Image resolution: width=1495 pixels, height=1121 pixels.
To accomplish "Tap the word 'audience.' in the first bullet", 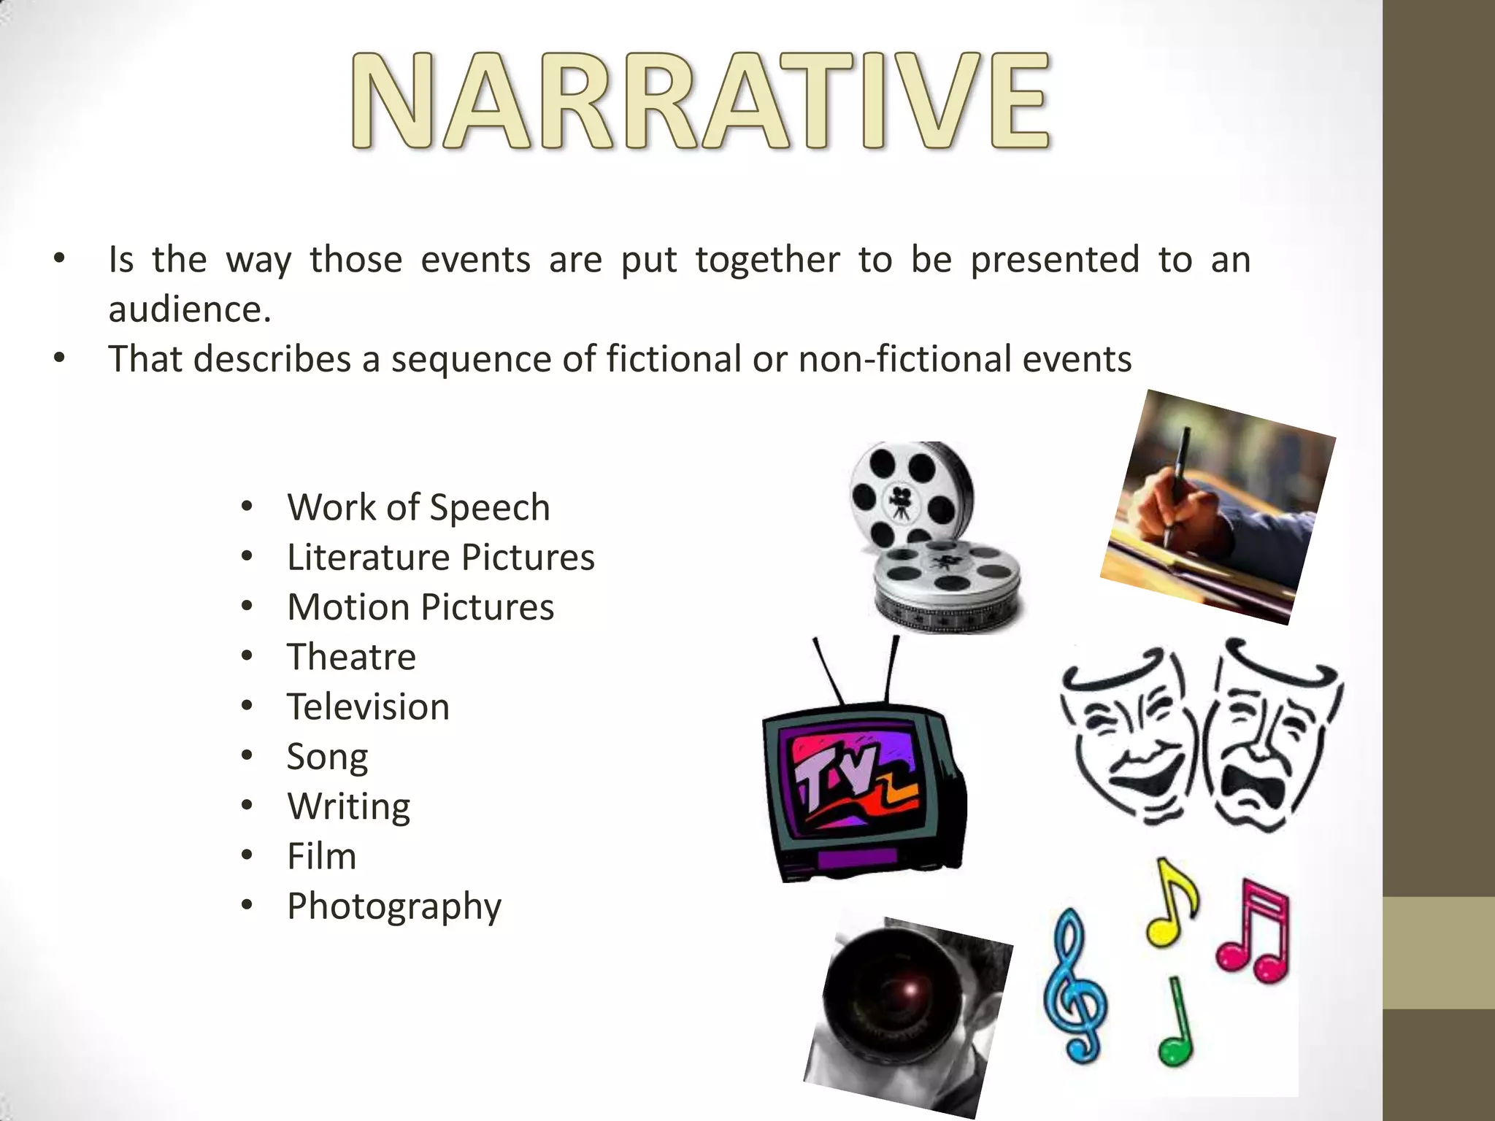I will [x=190, y=309].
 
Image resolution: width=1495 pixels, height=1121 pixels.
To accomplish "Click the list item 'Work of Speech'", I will [x=418, y=507].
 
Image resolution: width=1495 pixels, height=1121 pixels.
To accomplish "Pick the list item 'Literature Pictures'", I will [x=441, y=557].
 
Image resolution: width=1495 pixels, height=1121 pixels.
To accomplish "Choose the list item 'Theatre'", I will [x=351, y=657].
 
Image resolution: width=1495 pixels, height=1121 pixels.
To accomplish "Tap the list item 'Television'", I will [x=368, y=706].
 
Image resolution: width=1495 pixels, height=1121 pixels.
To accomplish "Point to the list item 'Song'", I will [x=327, y=757].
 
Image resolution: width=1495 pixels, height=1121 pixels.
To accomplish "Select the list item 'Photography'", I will [x=394, y=906].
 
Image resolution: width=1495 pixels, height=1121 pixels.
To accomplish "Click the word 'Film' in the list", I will [x=321, y=856].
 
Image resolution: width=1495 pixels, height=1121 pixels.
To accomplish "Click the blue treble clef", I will [x=1075, y=985].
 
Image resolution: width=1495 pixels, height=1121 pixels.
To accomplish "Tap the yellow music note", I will [x=1170, y=905].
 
